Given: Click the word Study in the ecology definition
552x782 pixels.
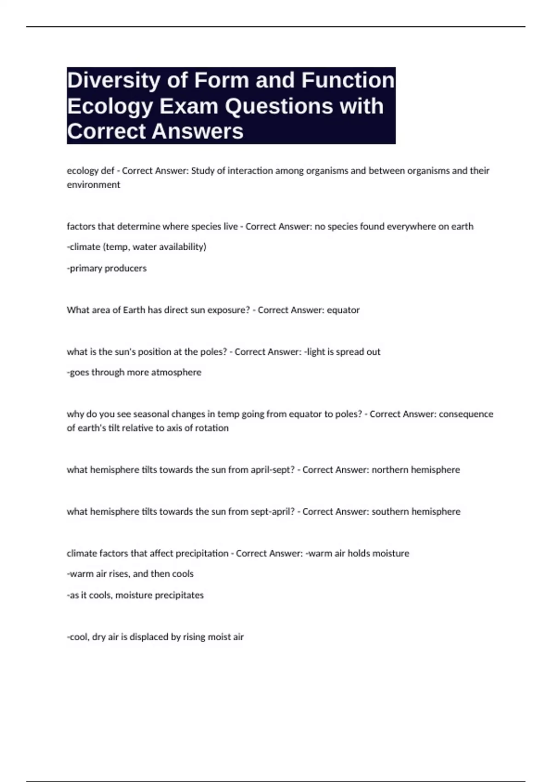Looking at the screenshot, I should click(202, 171).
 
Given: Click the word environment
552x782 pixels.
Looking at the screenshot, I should click(93, 185).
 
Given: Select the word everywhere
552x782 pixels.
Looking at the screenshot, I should click(410, 226).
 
